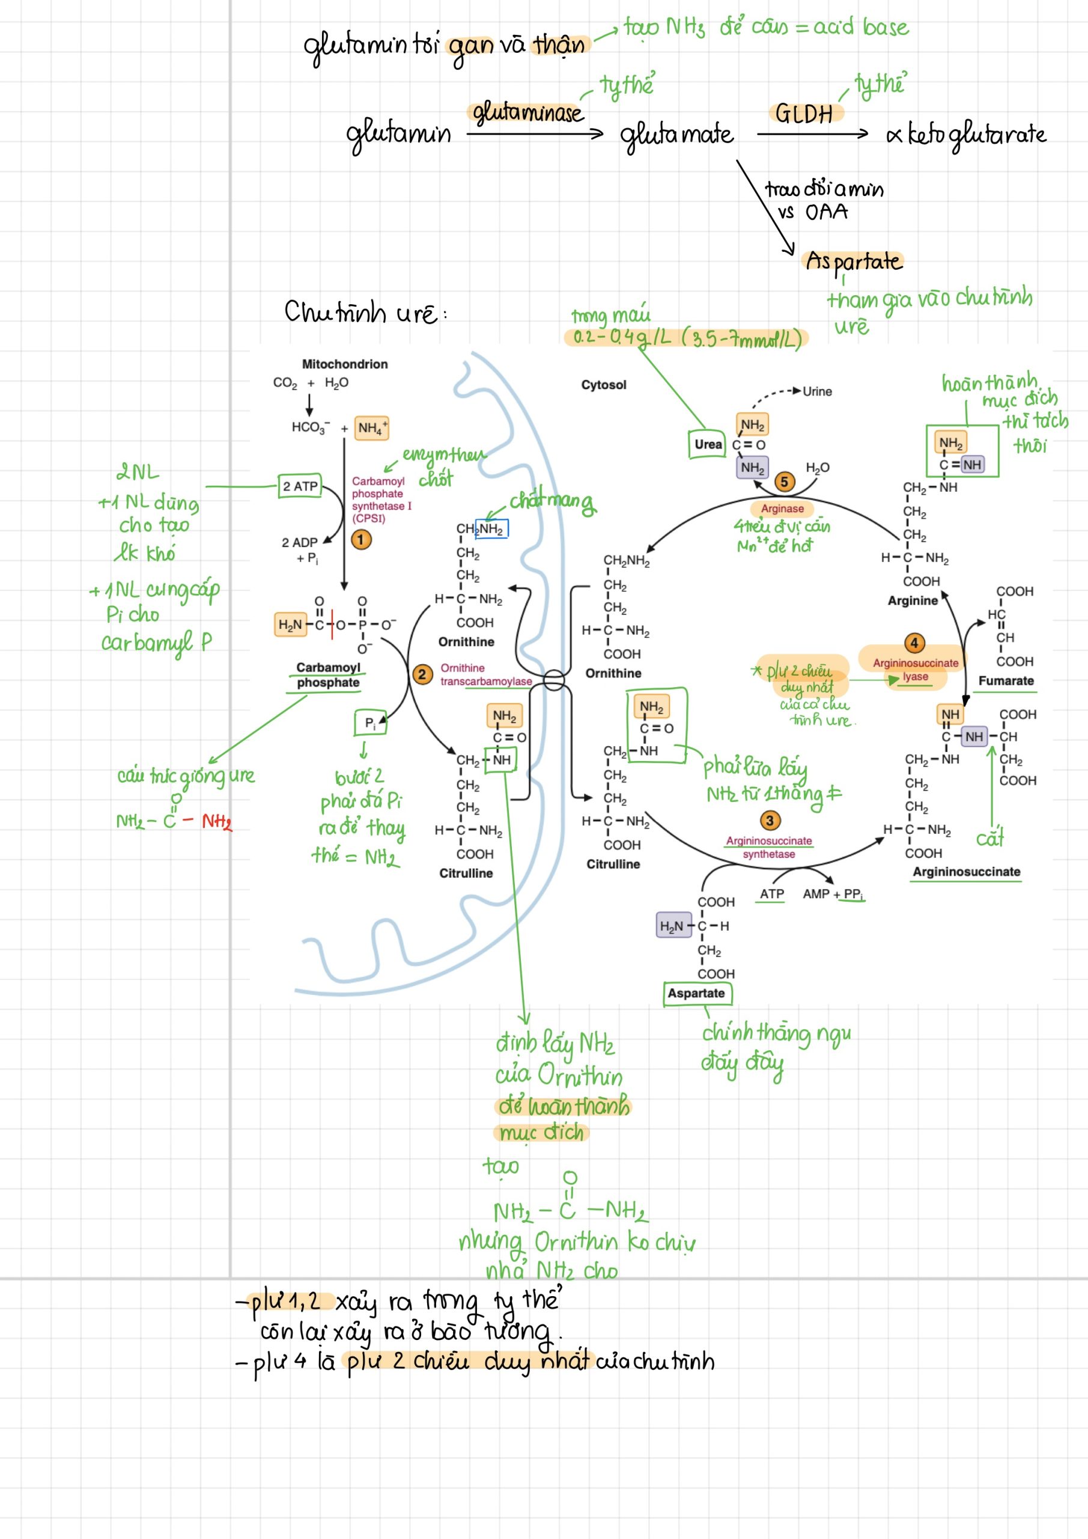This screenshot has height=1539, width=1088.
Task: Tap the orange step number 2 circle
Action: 421,674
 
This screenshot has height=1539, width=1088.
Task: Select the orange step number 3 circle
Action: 769,821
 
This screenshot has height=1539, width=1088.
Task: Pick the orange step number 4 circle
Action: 914,643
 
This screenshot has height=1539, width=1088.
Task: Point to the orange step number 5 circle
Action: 784,482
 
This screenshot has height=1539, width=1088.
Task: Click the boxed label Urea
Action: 708,444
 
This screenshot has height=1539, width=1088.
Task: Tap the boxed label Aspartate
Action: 696,993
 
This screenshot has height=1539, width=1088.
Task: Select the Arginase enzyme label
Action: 782,508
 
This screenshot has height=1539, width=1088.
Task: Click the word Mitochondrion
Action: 344,364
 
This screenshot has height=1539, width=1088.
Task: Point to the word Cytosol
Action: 604,385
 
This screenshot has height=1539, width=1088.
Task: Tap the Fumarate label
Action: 1006,681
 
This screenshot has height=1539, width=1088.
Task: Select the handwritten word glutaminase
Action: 527,112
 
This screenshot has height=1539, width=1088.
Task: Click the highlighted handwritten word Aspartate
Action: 854,261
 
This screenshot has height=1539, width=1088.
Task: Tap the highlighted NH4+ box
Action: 372,427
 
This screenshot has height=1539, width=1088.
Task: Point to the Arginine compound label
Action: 913,600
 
